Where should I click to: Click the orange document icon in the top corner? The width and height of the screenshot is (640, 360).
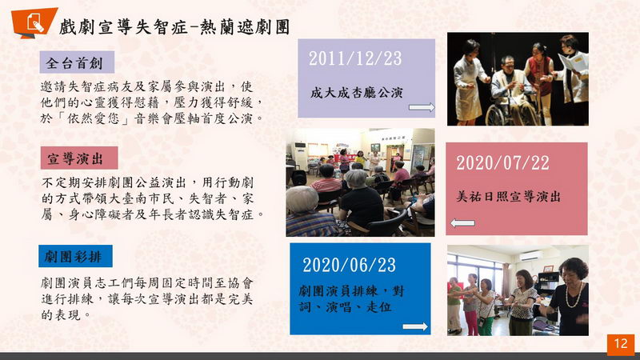tap(34, 22)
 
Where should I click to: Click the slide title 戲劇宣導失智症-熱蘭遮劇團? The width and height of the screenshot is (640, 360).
tap(174, 27)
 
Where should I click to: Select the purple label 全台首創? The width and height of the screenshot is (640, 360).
tap(77, 62)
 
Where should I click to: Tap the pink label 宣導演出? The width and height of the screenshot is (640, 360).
tap(79, 158)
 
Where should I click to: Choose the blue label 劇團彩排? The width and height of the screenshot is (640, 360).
tap(75, 256)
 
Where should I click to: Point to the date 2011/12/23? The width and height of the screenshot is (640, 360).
tap(355, 58)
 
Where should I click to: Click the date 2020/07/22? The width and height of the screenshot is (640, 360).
tap(503, 163)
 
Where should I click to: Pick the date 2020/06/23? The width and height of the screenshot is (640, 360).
tap(349, 265)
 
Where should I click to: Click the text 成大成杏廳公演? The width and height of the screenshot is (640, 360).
tap(356, 93)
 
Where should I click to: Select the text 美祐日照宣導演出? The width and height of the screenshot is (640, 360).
tap(508, 196)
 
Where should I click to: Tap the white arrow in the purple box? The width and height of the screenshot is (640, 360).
tap(422, 107)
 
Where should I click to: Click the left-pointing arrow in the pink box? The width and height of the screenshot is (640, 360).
tap(463, 223)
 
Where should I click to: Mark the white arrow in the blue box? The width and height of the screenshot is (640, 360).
tap(415, 326)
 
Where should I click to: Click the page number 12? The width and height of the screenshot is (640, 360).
tap(621, 343)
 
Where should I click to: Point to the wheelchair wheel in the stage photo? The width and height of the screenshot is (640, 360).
tap(495, 115)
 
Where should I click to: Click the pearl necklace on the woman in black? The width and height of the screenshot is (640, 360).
tap(574, 294)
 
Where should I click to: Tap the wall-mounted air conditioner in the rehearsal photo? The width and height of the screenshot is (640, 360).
tap(530, 256)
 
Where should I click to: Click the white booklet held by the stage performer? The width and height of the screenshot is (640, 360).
tap(573, 66)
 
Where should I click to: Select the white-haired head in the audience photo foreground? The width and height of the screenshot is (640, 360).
tap(302, 199)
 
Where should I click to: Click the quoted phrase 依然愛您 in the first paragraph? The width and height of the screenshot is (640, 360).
tap(93, 118)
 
